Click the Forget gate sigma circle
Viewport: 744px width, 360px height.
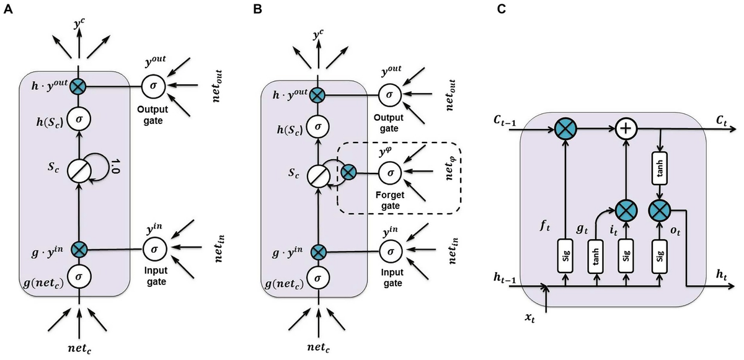pyautogui.click(x=389, y=171)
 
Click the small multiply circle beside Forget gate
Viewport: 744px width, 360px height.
pyautogui.click(x=349, y=171)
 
